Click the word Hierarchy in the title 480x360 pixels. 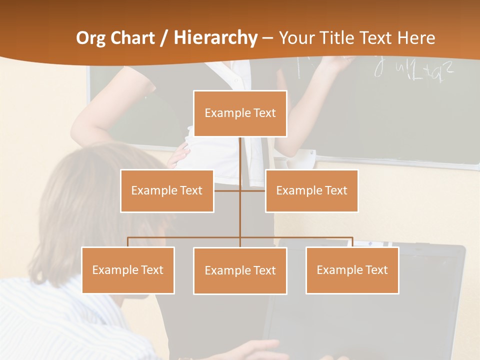[215, 38]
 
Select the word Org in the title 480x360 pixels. [91, 38]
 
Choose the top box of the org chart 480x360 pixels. [240, 113]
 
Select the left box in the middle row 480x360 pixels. [167, 190]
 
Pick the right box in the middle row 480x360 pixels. [311, 190]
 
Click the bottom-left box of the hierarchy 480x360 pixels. [128, 270]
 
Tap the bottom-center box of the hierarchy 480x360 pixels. [240, 270]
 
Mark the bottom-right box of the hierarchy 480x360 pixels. [352, 270]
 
